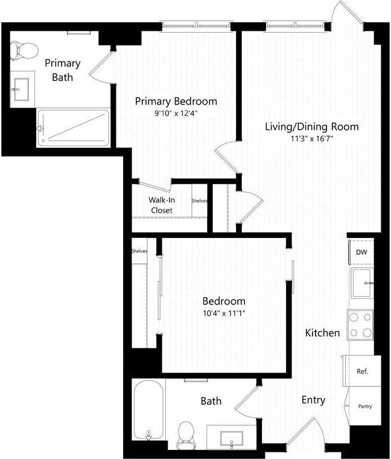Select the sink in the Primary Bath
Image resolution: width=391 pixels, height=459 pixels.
[x=21, y=89]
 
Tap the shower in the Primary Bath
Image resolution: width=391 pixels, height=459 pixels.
[x=73, y=127]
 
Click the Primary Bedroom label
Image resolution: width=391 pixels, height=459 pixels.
[x=176, y=101]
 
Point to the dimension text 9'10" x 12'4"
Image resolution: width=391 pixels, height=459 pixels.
[x=176, y=112]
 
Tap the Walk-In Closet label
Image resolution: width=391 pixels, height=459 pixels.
[x=161, y=205]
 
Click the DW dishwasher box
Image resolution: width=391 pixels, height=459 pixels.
[x=361, y=252]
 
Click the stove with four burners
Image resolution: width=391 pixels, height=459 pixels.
[x=360, y=324]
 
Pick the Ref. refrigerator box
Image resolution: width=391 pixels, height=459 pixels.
[x=362, y=371]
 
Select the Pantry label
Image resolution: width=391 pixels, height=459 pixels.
[x=364, y=406]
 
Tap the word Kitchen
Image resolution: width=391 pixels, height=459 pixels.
[x=322, y=333]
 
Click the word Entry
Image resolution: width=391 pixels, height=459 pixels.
[x=313, y=400]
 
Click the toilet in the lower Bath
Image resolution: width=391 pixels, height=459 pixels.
[x=185, y=434]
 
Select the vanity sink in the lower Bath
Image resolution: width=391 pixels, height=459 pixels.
[x=232, y=437]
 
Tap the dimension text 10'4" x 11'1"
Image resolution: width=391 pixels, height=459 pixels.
[x=224, y=313]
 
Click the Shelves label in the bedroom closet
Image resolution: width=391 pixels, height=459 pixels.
[x=139, y=251]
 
